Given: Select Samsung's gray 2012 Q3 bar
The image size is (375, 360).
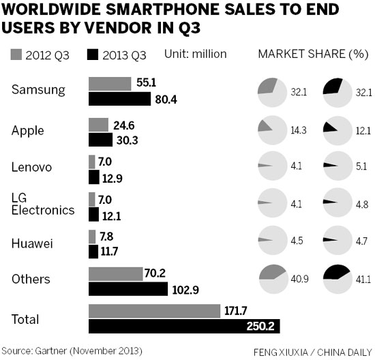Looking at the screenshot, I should pyautogui.click(x=110, y=83).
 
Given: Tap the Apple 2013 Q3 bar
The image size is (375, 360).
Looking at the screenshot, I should pyautogui.click(x=100, y=140).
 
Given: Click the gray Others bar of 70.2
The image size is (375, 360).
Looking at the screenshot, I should pyautogui.click(x=114, y=274).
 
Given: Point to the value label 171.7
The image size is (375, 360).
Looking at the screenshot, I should pyautogui.click(x=236, y=310).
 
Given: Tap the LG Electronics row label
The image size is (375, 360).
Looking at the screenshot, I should pyautogui.click(x=42, y=203).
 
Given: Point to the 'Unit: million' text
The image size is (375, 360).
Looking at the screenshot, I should pyautogui.click(x=196, y=53).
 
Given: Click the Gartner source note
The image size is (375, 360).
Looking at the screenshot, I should pyautogui.click(x=72, y=350).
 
